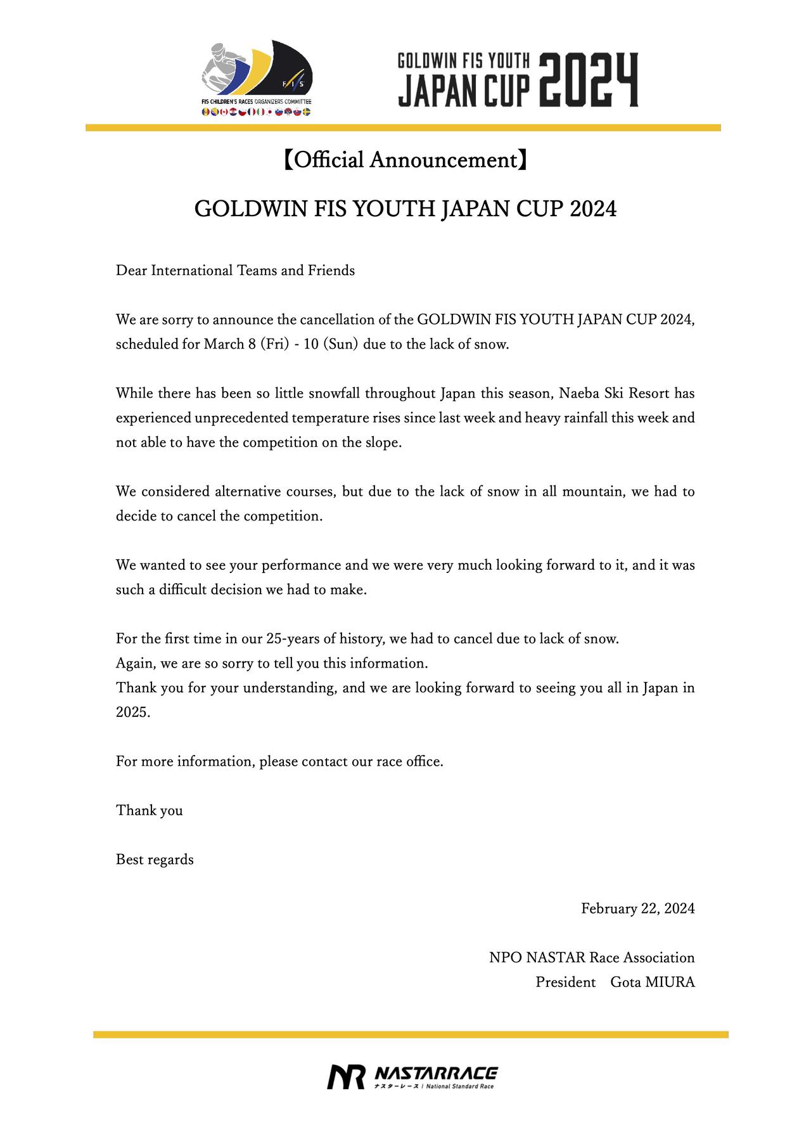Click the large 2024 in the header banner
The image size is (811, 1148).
click(x=589, y=80)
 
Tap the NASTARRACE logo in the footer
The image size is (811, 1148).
click(x=412, y=1077)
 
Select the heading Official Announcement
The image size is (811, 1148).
click(x=405, y=160)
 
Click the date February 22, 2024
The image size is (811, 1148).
click(x=637, y=908)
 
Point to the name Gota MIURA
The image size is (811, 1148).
click(x=653, y=982)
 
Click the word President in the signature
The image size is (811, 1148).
click(x=566, y=982)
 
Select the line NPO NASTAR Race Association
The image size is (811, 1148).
click(x=592, y=957)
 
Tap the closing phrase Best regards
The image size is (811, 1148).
click(x=155, y=860)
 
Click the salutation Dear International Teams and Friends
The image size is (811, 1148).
click(x=235, y=271)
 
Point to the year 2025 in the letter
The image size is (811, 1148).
click(x=132, y=712)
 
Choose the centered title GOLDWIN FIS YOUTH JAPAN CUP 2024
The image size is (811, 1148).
click(x=405, y=209)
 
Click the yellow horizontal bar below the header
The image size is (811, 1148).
click(x=403, y=127)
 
